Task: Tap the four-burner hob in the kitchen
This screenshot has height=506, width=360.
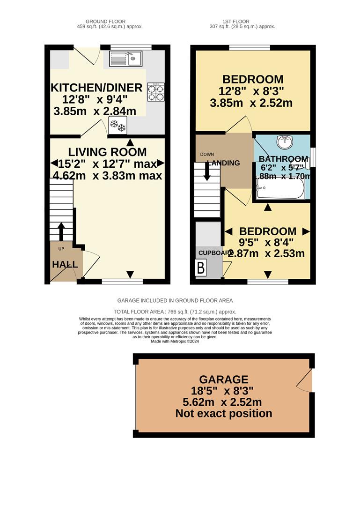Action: click(x=156, y=92)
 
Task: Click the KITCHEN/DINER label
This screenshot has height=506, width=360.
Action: click(x=96, y=88)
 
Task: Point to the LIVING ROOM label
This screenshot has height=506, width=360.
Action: click(x=107, y=152)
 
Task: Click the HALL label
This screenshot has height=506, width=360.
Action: click(x=65, y=265)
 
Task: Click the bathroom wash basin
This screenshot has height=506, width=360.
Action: click(x=284, y=141)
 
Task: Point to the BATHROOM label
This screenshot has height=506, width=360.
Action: click(x=284, y=159)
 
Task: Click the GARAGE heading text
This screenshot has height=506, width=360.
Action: click(x=224, y=379)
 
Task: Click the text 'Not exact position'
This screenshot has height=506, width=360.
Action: click(x=224, y=414)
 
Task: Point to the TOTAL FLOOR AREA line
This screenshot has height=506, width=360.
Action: click(x=175, y=312)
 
